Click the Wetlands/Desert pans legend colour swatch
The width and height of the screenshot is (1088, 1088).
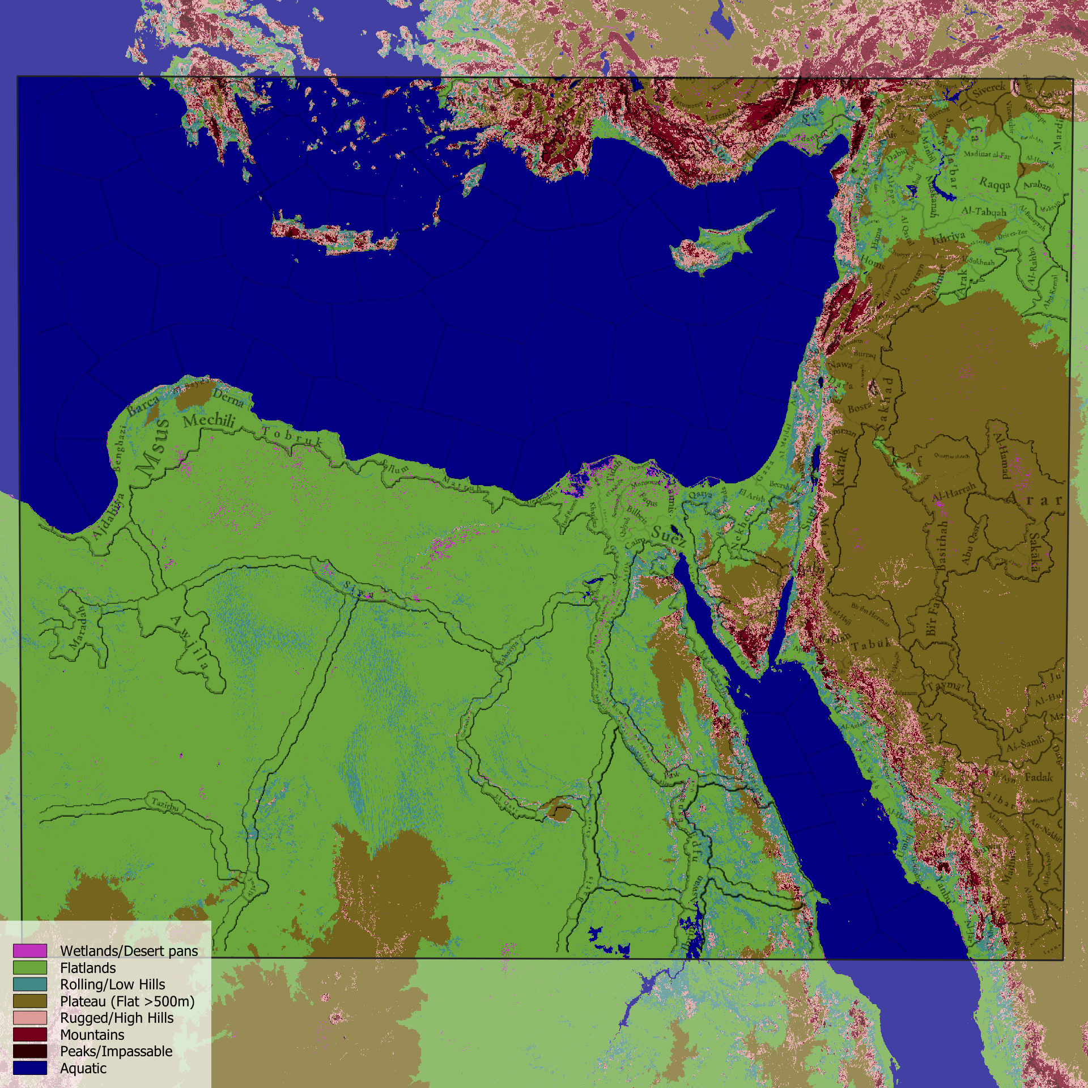click(x=29, y=950)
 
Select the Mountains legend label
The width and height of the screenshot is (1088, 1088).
click(x=92, y=1035)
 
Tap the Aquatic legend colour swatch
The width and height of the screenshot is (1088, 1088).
click(x=29, y=1068)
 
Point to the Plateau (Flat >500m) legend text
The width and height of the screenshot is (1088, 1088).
click(x=127, y=1001)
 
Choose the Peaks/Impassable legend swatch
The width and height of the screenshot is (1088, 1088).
click(x=29, y=1051)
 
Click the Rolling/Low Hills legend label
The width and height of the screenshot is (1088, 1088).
click(x=112, y=984)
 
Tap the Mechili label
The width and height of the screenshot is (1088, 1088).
click(x=209, y=420)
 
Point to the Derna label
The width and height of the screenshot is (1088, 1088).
click(x=228, y=398)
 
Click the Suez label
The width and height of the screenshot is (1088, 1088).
click(x=669, y=535)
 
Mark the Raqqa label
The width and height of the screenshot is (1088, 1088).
click(x=995, y=184)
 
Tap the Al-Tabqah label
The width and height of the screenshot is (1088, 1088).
click(x=984, y=211)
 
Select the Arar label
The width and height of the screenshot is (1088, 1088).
click(x=1034, y=500)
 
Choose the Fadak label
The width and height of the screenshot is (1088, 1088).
click(x=1038, y=777)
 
